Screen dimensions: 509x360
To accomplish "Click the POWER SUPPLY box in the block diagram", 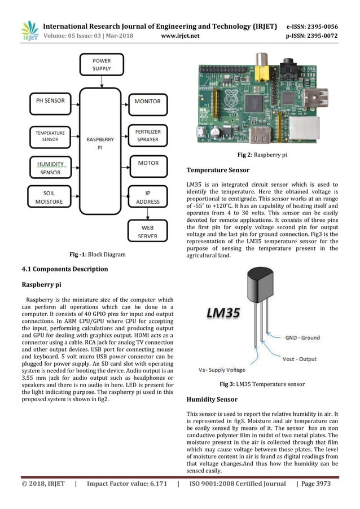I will (102, 64).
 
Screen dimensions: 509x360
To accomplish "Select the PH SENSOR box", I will (50, 102).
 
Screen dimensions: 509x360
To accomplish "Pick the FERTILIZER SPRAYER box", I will (148, 135).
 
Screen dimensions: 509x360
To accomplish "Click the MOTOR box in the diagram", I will (148, 163).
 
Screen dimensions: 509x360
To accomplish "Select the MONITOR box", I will (148, 102).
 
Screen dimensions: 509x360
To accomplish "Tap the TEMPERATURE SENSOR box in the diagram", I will (50, 135).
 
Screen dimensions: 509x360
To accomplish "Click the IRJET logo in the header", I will (28, 30).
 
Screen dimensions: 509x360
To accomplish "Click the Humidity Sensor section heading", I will (212, 399).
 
